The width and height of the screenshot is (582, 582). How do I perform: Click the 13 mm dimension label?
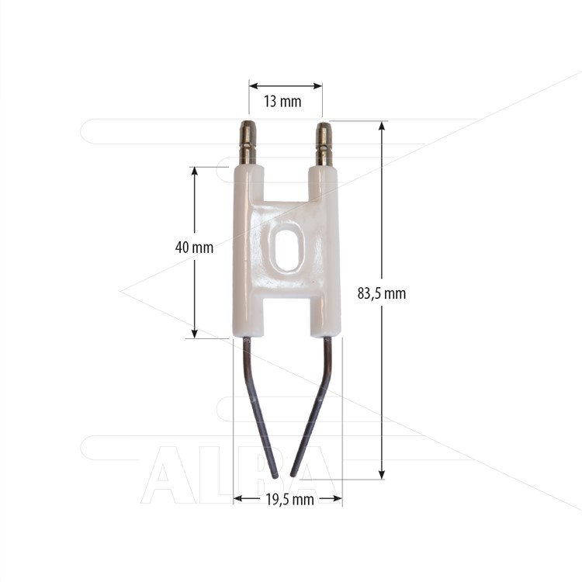pos(282,102)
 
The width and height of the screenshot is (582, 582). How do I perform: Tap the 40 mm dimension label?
pos(194,248)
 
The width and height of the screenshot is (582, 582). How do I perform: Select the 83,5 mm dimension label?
pos(382,293)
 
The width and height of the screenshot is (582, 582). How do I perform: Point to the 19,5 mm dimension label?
pos(290,500)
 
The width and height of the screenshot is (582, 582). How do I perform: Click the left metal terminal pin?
pos(248,143)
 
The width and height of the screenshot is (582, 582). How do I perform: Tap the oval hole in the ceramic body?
pos(289,249)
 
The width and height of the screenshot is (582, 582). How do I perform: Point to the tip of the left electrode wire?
pos(275,476)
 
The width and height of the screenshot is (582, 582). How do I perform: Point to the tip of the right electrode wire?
pos(293,475)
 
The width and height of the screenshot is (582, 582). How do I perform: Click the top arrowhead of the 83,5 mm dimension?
pos(382,126)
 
